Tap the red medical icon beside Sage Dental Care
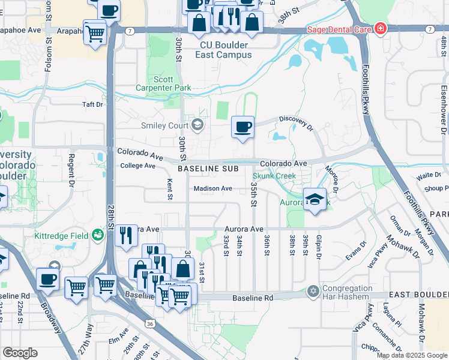[x=379, y=28]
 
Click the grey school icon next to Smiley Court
[x=197, y=125]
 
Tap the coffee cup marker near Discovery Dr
[x=243, y=128]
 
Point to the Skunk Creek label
[x=274, y=176]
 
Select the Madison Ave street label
[x=212, y=188]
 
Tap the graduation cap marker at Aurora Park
[x=315, y=199]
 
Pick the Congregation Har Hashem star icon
[x=312, y=291]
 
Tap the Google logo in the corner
[x=20, y=353]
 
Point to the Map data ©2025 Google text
[x=412, y=355]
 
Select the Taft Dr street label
[x=92, y=104]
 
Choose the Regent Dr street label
[x=71, y=169]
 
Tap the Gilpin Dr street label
[x=318, y=248]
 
